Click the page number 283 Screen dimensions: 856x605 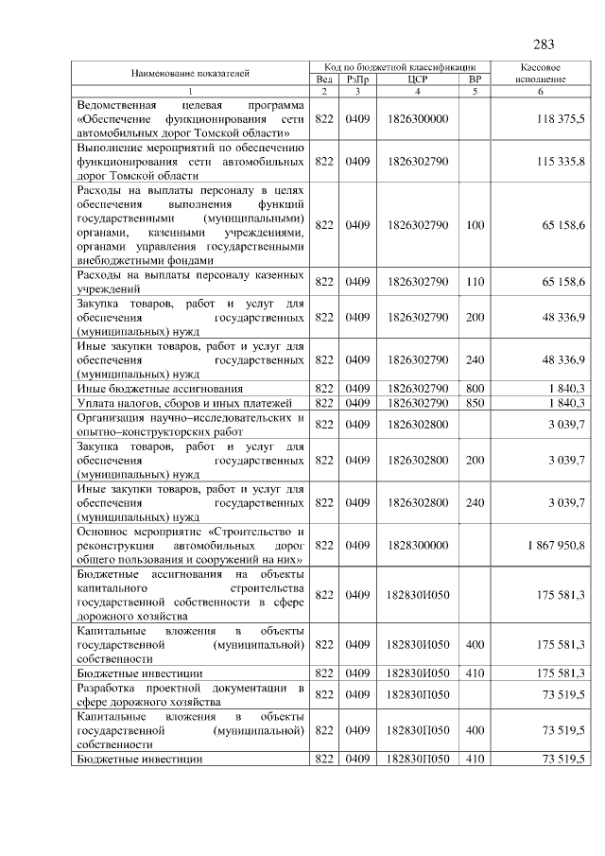coord(544,44)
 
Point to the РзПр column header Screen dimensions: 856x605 coord(357,79)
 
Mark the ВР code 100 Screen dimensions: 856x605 coord(475,225)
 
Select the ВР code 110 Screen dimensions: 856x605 coord(475,281)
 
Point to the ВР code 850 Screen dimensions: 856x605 coord(475,403)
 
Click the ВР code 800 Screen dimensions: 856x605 coord(475,389)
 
